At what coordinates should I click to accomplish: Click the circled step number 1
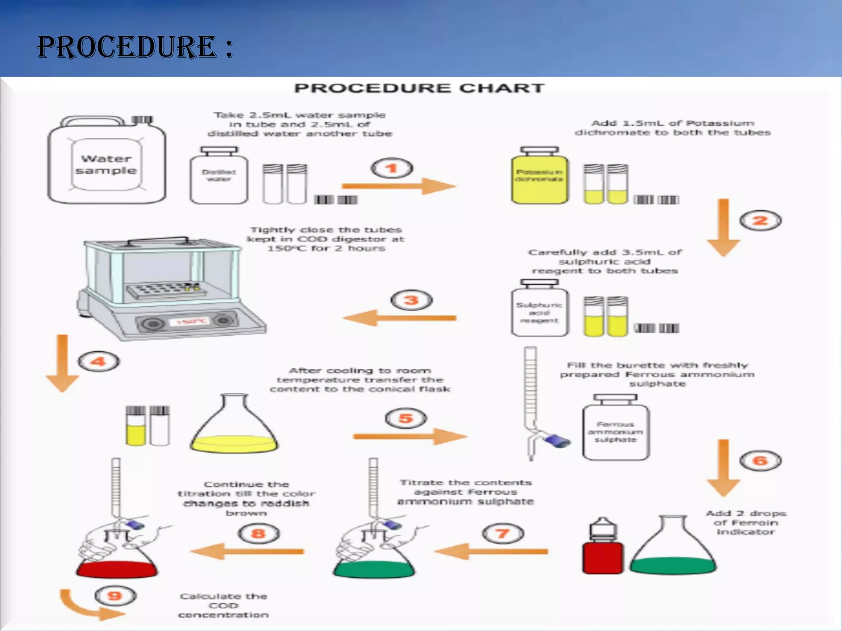click(x=392, y=168)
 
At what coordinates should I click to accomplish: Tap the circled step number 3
click(x=411, y=301)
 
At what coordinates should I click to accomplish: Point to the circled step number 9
click(x=115, y=596)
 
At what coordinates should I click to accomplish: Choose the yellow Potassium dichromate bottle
click(x=539, y=176)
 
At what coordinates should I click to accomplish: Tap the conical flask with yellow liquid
click(x=234, y=435)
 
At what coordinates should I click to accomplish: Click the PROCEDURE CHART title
click(x=420, y=88)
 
